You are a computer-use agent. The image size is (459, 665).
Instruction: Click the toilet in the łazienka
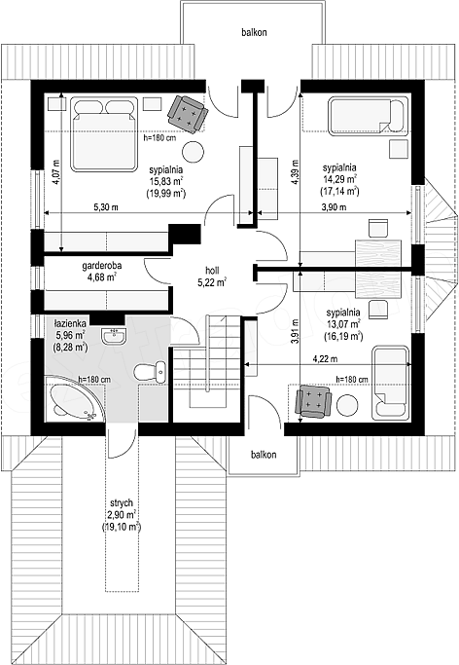point(150,372)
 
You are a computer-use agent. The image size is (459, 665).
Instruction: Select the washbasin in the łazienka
point(113,335)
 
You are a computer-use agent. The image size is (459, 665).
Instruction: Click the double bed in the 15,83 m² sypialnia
point(105,134)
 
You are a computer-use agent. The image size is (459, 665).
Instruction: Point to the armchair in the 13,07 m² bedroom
point(313,401)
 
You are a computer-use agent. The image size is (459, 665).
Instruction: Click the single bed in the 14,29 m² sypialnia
point(368,116)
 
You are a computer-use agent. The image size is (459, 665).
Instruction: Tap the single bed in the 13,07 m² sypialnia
point(391,384)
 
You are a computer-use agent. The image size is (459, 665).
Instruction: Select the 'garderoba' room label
point(102,266)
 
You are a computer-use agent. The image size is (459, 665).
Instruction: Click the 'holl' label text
point(212,270)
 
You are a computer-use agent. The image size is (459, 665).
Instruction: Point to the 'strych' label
point(122,503)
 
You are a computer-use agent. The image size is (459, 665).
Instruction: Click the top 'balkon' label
point(254,32)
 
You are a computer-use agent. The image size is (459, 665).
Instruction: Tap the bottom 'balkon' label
point(264,455)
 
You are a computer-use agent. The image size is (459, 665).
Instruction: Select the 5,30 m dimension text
point(106,207)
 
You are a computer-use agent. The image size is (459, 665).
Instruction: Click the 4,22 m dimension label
point(325,359)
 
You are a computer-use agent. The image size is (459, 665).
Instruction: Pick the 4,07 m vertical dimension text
point(56,171)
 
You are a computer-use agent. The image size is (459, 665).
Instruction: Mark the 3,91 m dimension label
point(295,331)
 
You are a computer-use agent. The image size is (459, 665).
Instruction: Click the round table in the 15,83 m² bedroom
point(194,152)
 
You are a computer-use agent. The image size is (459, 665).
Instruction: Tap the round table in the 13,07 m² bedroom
point(347,405)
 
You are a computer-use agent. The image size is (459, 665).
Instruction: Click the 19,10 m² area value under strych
point(122,527)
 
